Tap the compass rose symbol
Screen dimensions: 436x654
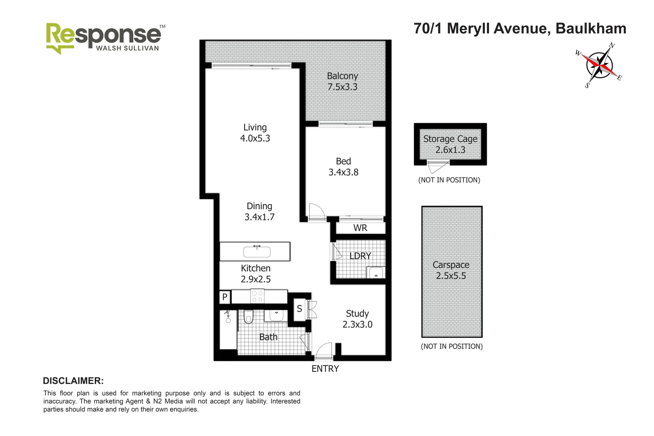(x=599, y=65)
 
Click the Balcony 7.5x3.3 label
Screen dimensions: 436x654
(x=342, y=82)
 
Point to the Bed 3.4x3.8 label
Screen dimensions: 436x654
(x=343, y=167)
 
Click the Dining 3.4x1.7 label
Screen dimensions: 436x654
(x=259, y=212)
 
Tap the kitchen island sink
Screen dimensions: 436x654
(x=257, y=252)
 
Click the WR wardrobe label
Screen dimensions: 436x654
(x=360, y=228)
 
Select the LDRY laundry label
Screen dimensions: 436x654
(x=360, y=256)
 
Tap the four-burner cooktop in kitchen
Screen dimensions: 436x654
(x=257, y=297)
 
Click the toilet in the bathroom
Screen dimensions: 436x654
(x=248, y=317)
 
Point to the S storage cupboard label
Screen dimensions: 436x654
(x=299, y=309)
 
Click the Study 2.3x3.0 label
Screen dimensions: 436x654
(x=357, y=319)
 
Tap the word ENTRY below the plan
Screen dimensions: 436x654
(x=325, y=369)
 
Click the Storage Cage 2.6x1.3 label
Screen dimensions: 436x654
(x=450, y=144)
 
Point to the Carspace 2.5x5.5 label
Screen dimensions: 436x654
(x=451, y=270)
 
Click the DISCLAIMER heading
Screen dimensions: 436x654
(x=73, y=381)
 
